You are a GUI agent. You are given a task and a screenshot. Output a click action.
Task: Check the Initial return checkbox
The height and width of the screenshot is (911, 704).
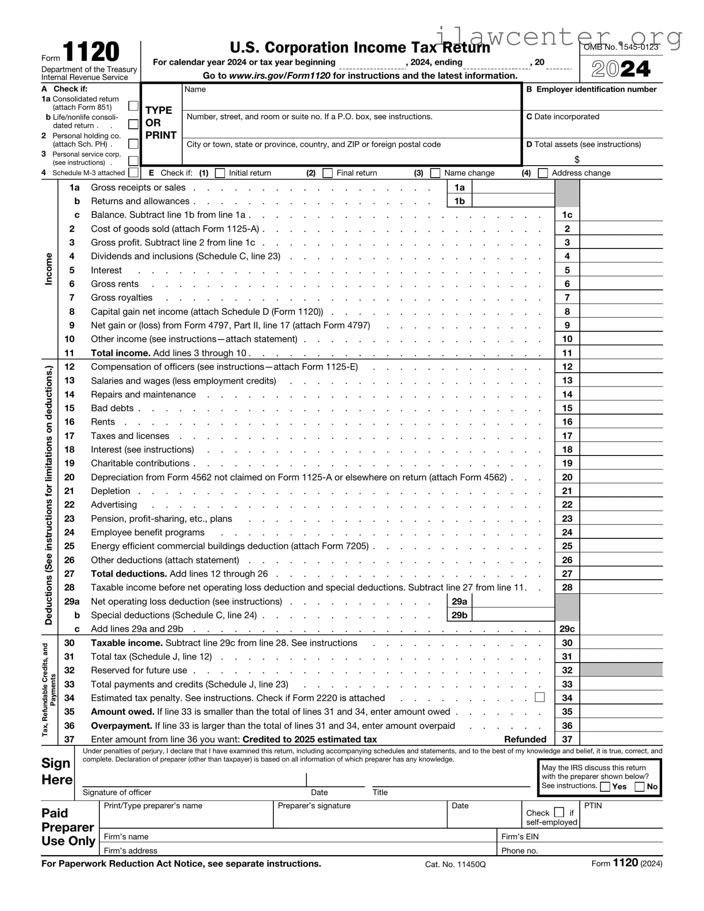(x=220, y=173)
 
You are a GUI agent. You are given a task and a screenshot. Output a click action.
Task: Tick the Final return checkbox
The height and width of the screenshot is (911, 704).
(x=328, y=173)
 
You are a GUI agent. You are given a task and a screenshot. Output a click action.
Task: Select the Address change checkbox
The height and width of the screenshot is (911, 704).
(x=543, y=173)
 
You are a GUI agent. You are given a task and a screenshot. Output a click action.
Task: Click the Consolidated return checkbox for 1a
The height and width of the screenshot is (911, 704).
(x=133, y=106)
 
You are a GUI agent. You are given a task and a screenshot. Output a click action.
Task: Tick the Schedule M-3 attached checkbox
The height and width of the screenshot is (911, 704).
(x=133, y=173)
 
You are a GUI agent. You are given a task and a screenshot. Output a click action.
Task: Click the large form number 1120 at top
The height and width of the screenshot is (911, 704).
(x=91, y=52)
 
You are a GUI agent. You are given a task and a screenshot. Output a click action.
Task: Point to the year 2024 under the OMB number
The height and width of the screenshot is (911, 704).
(x=621, y=69)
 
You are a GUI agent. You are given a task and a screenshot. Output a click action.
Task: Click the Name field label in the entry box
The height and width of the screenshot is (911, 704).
(x=195, y=89)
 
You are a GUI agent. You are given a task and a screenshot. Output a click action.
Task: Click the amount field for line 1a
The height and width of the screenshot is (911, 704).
(x=513, y=187)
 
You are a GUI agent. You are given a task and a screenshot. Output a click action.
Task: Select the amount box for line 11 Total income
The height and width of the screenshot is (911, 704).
(x=621, y=353)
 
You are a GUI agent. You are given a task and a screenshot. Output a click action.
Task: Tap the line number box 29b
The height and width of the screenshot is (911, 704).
(x=459, y=615)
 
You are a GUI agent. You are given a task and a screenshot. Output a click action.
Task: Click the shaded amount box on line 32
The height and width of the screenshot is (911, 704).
(x=621, y=670)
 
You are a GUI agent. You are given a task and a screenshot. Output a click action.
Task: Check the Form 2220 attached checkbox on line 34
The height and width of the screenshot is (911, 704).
(x=539, y=697)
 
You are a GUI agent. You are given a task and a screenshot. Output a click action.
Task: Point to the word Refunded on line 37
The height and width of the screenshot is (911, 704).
(x=525, y=739)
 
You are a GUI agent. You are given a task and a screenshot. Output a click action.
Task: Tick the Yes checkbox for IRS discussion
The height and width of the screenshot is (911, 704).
(x=605, y=787)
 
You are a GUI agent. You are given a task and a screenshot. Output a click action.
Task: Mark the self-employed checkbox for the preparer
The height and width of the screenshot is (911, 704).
(x=559, y=812)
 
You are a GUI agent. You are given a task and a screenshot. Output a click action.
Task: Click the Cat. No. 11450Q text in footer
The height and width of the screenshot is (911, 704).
(x=455, y=864)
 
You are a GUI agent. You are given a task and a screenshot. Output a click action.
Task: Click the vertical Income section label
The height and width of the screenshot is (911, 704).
(x=48, y=269)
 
